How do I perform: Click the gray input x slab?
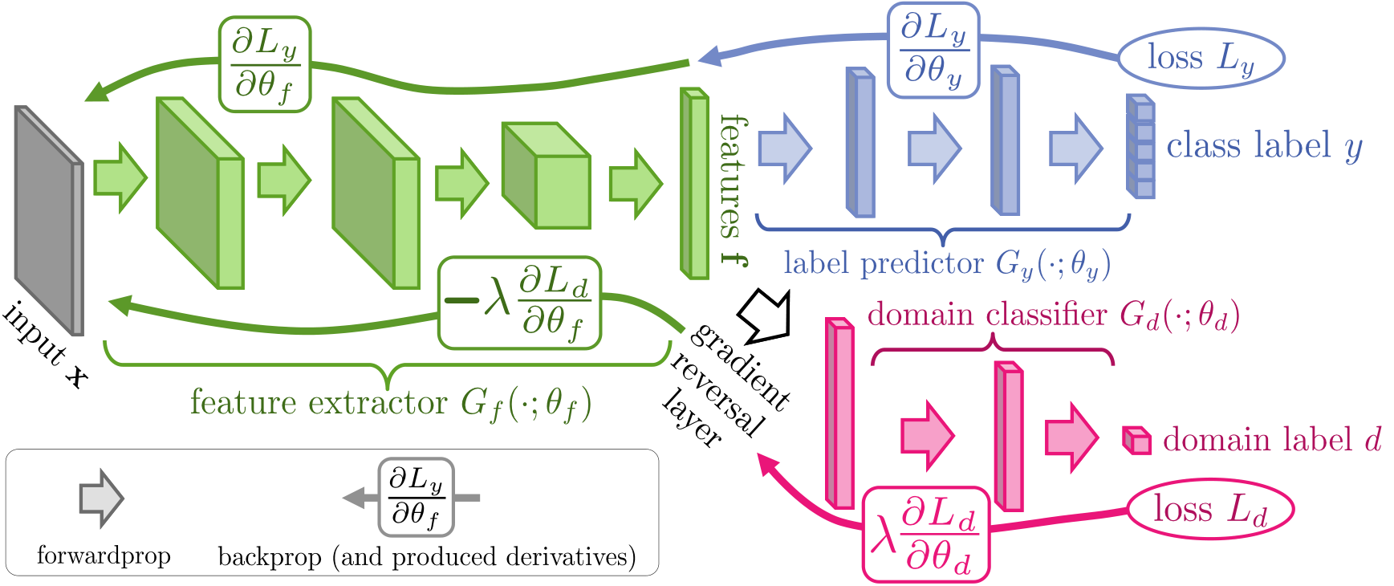tap(48, 221)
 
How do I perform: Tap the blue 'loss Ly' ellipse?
tap(1201, 58)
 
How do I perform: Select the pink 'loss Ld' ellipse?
tap(1210, 510)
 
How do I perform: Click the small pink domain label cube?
tap(1136, 441)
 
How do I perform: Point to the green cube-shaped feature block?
tap(546, 176)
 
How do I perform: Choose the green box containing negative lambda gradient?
tap(520, 303)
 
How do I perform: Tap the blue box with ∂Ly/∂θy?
tap(933, 51)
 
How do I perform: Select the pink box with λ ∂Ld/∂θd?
tap(925, 535)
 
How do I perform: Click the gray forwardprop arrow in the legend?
tap(101, 499)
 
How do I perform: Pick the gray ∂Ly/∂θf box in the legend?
tap(416, 498)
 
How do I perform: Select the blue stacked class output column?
tap(1140, 147)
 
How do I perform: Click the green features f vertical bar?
tap(695, 184)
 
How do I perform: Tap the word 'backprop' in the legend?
tap(270, 556)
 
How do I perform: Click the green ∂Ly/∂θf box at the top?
tap(264, 64)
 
